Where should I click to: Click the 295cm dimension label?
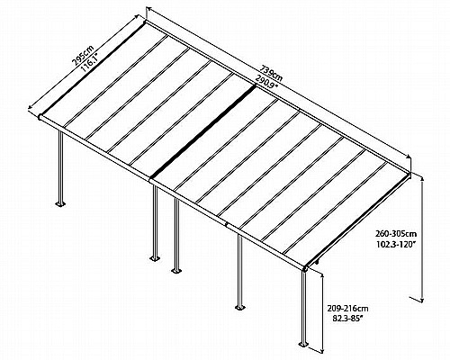click(83, 56)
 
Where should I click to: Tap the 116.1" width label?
click(91, 62)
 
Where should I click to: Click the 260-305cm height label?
click(396, 233)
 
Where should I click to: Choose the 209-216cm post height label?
click(348, 308)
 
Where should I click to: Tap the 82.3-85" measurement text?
click(348, 319)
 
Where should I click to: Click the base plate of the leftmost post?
click(60, 204)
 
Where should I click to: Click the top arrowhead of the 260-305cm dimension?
click(422, 180)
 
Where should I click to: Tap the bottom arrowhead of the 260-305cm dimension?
click(422, 299)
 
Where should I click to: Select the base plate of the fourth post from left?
click(239, 308)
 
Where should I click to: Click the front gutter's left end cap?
click(40, 117)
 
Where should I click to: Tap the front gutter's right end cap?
click(305, 268)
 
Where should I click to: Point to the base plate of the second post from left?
click(155, 258)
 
